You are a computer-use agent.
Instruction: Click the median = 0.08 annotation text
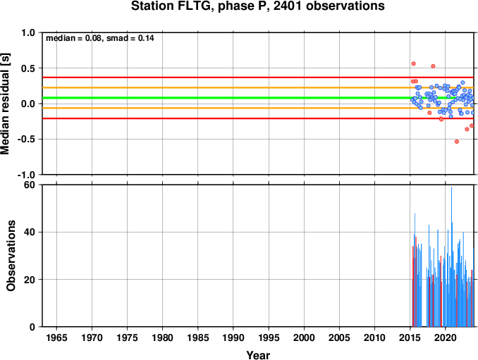coord(73,38)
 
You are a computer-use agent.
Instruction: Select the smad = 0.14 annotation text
coord(130,38)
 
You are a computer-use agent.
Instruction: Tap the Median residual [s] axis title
coord(5,104)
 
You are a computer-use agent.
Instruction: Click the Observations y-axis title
coord(11,256)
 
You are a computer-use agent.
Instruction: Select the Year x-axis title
coord(258,355)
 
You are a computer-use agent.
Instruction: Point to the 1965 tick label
coord(56,337)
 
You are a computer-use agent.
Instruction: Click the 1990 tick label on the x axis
coord(233,337)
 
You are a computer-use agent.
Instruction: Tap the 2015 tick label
coord(410,337)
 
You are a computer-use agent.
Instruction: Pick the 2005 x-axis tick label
coord(339,337)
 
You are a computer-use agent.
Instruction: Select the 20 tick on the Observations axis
coord(30,279)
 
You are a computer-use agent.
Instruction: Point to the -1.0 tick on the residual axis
coord(26,175)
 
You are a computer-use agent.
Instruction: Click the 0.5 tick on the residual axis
coord(28,68)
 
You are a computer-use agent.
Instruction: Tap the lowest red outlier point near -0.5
coord(457,142)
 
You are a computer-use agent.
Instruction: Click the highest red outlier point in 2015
coord(413,63)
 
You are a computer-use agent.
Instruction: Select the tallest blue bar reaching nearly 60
coord(451,256)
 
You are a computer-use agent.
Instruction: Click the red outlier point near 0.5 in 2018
coord(433,66)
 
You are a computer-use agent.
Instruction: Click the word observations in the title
coord(345,6)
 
